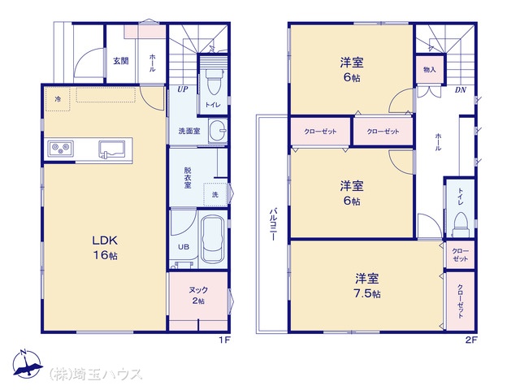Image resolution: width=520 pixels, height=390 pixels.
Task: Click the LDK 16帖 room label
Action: coord(105,248)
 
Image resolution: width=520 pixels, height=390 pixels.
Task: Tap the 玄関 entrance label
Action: coord(121,61)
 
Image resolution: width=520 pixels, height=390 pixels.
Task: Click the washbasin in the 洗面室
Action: coord(218,131)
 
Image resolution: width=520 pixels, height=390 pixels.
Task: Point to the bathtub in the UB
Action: coord(213,239)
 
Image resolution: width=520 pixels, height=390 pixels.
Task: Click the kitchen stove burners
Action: coord(60,148)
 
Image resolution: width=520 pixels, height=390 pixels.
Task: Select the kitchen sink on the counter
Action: coord(112,149)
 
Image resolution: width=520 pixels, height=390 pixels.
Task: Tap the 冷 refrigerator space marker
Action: coord(58,99)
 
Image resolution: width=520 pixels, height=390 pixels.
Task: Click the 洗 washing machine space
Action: coord(215,195)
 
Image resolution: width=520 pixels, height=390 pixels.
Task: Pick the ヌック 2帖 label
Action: coord(198,295)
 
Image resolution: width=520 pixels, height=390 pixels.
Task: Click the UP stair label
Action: coord(182,89)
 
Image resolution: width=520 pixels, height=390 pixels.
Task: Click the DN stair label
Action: coord(461,89)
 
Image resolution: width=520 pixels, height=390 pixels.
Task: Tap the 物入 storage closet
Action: coord(430,69)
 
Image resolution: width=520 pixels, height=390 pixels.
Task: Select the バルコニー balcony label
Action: coord(273,224)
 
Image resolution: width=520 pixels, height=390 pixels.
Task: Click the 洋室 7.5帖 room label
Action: coord(367,285)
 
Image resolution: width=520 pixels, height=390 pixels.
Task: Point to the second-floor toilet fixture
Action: coord(461,224)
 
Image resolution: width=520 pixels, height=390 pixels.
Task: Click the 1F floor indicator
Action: coord(224,340)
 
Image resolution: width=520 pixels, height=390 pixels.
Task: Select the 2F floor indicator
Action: coord(471,340)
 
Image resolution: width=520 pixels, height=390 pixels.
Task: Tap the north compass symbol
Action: coord(27,364)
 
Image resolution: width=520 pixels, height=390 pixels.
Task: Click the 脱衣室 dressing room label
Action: coord(188,178)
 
